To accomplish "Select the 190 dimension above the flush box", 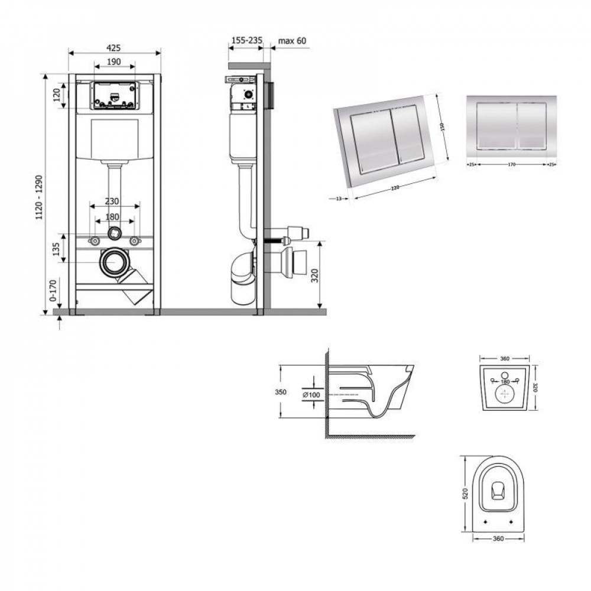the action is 114,61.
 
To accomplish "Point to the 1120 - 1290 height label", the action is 40,196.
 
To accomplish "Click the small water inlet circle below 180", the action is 113,233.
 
